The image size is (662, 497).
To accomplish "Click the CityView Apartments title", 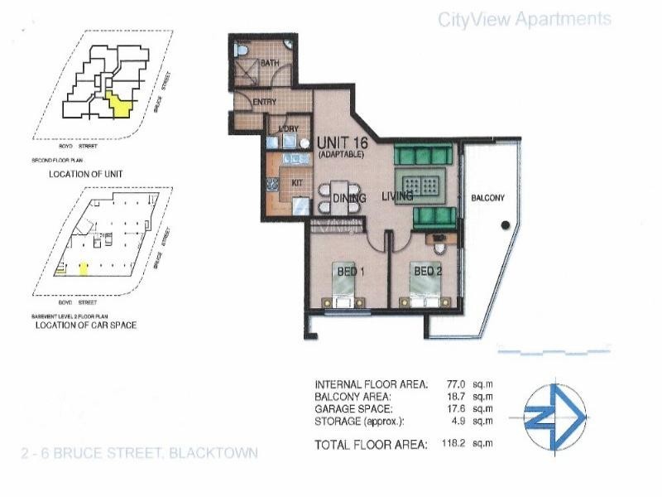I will [x=525, y=19].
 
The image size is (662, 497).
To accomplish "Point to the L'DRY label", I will [x=288, y=130].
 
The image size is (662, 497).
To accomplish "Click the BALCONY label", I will [x=487, y=199].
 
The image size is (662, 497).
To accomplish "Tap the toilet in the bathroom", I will [x=240, y=51].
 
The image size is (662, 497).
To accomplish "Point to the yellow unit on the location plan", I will [x=122, y=105].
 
